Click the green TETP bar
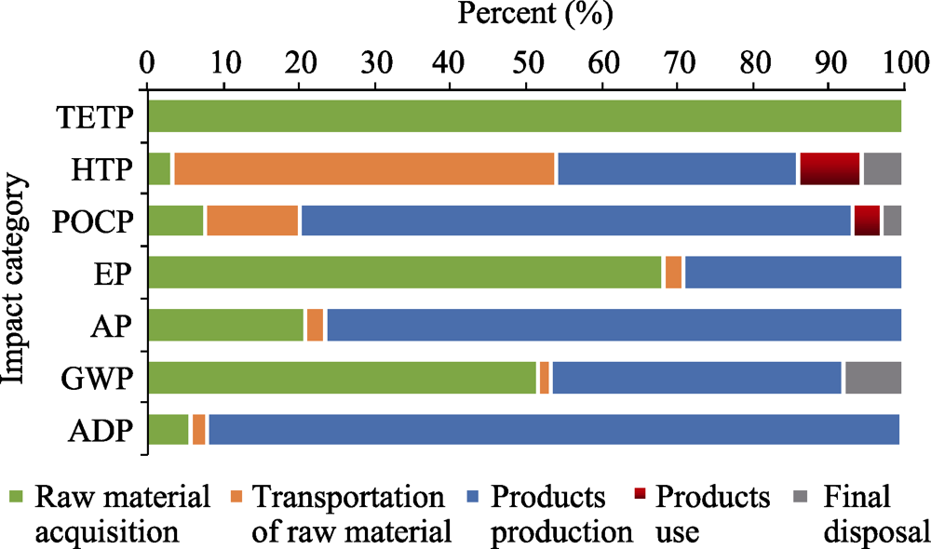(524, 115)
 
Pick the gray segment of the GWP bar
(872, 379)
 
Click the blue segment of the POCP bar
(575, 221)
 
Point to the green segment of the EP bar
(404, 274)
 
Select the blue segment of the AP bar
(614, 326)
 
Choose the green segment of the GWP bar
(342, 379)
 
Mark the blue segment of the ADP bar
(553, 431)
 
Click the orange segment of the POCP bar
(252, 221)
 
